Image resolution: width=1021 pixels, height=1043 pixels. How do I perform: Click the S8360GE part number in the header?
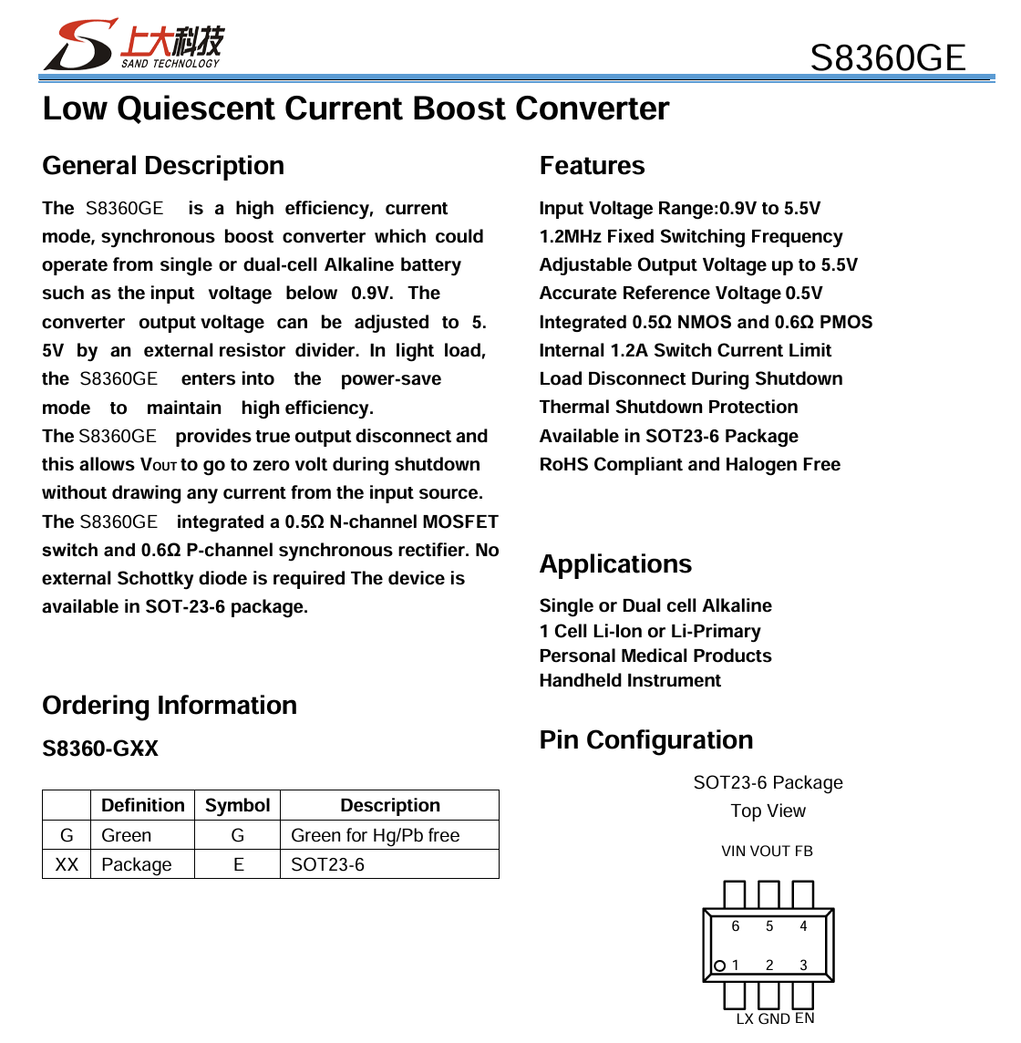point(887,58)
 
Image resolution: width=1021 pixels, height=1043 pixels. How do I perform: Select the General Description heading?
point(163,166)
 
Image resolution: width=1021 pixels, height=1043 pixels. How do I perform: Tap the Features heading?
point(592,166)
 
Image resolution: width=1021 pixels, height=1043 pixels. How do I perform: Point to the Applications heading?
point(615,564)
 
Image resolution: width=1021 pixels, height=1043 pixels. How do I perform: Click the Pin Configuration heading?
point(645,740)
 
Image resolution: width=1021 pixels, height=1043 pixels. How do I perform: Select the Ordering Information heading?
point(170,706)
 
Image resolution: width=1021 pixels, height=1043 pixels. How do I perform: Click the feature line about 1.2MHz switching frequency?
point(690,237)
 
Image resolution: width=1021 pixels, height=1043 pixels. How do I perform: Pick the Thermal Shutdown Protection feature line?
point(668,408)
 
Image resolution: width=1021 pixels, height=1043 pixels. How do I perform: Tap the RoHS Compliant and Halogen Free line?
point(689,465)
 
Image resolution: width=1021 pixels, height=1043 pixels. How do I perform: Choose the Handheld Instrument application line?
point(629,681)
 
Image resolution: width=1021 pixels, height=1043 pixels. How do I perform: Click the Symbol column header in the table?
point(237,806)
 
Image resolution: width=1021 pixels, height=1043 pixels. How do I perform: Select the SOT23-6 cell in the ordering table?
point(327,865)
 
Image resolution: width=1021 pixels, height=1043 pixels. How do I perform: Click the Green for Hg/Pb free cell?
point(375,836)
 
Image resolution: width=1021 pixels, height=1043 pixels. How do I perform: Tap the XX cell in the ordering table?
point(67,865)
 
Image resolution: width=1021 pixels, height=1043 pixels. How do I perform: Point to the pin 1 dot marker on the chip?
point(719,966)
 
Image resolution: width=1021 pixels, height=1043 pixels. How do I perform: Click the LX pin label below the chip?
point(745,1019)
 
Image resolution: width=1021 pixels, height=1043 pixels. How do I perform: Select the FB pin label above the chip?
point(803,852)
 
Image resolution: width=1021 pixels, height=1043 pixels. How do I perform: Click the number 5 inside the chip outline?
point(769,926)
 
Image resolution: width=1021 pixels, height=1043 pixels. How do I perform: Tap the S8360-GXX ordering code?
point(100,749)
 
